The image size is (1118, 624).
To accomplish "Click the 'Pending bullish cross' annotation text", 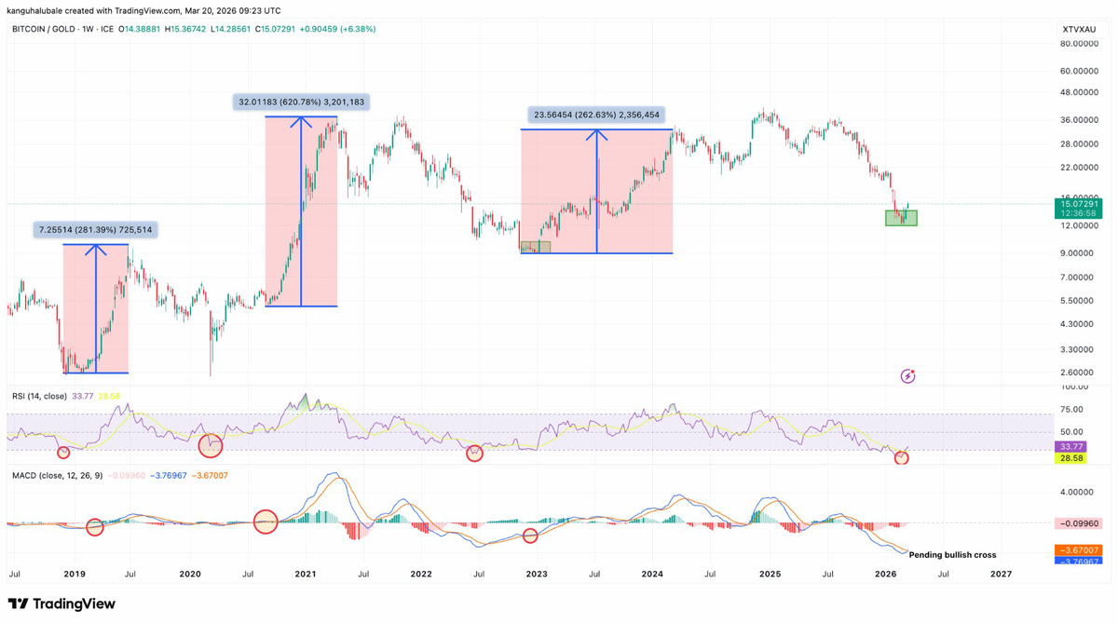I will pyautogui.click(x=952, y=555).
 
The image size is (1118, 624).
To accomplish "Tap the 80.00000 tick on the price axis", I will pyautogui.click(x=1079, y=44).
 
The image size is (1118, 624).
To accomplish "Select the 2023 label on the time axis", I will pyautogui.click(x=537, y=575).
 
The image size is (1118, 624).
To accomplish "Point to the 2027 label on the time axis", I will pyautogui.click(x=1001, y=575).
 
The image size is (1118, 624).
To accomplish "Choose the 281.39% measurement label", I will pyautogui.click(x=95, y=229).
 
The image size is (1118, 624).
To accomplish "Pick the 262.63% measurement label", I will pyautogui.click(x=596, y=115).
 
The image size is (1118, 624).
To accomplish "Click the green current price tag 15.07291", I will pyautogui.click(x=1079, y=204).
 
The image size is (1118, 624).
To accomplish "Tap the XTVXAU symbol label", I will pyautogui.click(x=1079, y=30).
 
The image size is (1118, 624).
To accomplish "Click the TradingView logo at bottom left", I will pyautogui.click(x=62, y=604).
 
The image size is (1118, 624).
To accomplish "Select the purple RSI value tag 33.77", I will pyautogui.click(x=1070, y=447).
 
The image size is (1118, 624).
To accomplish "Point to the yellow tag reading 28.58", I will pyautogui.click(x=1070, y=458).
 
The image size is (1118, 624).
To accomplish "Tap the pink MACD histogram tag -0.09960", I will pyautogui.click(x=1079, y=523).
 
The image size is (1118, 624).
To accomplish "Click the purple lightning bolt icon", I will pyautogui.click(x=907, y=376).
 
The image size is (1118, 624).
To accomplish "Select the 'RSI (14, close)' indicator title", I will pyautogui.click(x=39, y=397).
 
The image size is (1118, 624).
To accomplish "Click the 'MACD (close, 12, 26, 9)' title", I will pyautogui.click(x=56, y=476).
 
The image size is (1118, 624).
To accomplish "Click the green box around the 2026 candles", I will pyautogui.click(x=901, y=218).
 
